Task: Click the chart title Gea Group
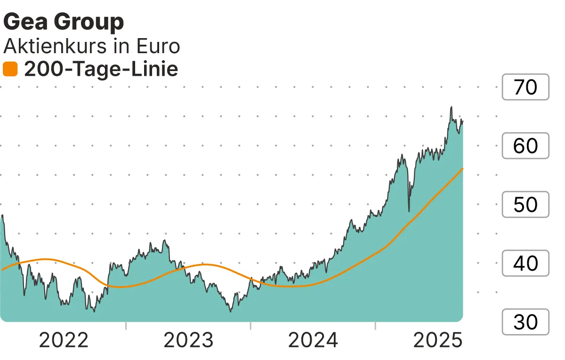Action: tap(64, 22)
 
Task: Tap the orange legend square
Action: tap(10, 70)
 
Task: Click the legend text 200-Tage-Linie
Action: tap(101, 70)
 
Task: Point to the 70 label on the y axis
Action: tap(525, 87)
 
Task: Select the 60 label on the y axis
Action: tap(525, 146)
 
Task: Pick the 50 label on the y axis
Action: tap(525, 205)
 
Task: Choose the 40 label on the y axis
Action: tap(525, 264)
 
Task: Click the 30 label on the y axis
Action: tap(525, 322)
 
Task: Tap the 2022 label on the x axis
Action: tap(64, 340)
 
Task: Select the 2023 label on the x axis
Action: tap(188, 340)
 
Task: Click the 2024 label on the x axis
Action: tap(313, 340)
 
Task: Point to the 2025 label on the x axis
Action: tap(438, 340)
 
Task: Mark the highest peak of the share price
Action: tap(451, 107)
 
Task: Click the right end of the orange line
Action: tap(463, 168)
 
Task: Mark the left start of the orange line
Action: tap(2, 270)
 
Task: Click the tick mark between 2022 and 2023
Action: tap(126, 326)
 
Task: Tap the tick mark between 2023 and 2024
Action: tap(251, 326)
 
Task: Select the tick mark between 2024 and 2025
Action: tap(376, 326)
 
